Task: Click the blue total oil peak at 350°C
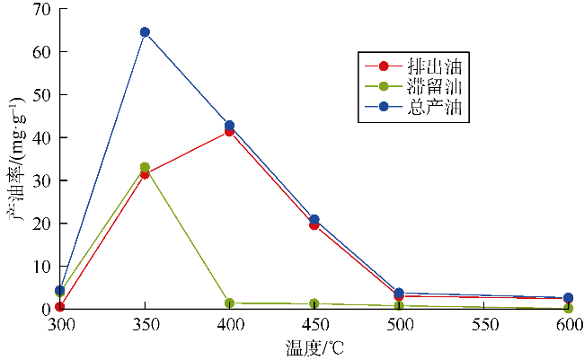pyautogui.click(x=145, y=32)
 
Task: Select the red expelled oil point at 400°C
pyautogui.click(x=230, y=131)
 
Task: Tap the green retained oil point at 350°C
pyautogui.click(x=145, y=167)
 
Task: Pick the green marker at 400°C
pyautogui.click(x=230, y=303)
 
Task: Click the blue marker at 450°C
pyautogui.click(x=314, y=219)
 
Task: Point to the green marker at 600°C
pyautogui.click(x=568, y=308)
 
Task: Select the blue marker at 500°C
pyautogui.click(x=399, y=294)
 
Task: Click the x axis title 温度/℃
pyautogui.click(x=314, y=346)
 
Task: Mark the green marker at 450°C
pyautogui.click(x=314, y=304)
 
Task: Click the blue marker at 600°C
pyautogui.click(x=568, y=297)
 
